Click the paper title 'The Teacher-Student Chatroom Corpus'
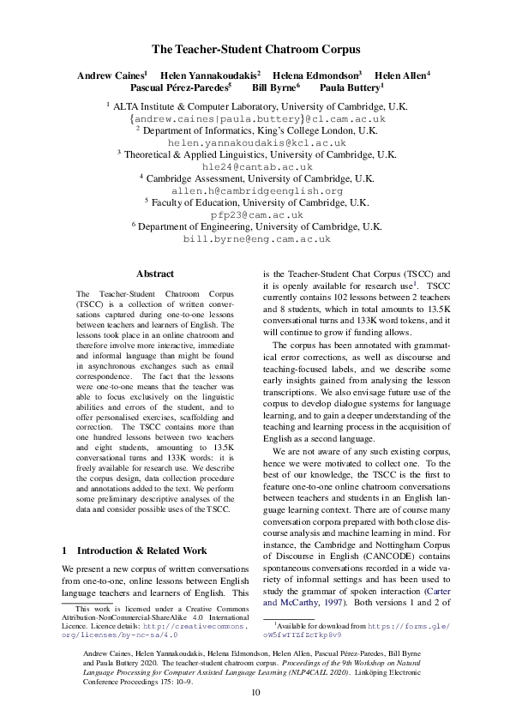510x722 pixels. coord(255,50)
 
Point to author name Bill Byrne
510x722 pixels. coord(274,87)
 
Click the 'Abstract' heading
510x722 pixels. coord(155,274)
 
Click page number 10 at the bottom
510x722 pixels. coord(255,692)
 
